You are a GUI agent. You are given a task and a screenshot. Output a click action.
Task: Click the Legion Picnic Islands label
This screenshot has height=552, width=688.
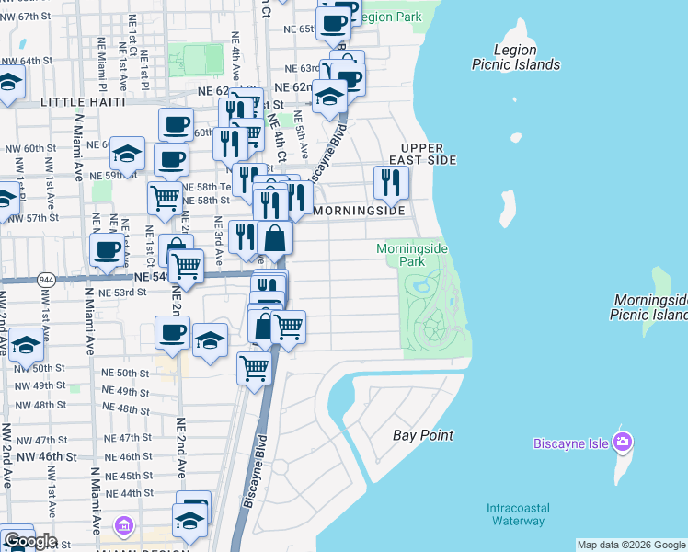click(x=515, y=57)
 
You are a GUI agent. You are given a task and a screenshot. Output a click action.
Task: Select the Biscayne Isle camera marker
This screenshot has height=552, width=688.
click(x=624, y=442)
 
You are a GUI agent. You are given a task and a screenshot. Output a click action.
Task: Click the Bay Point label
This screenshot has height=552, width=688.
click(x=423, y=435)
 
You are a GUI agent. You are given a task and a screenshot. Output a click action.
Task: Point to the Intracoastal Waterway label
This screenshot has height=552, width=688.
click(x=515, y=514)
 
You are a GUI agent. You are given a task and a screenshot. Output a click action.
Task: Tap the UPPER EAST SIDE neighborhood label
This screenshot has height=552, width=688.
click(x=429, y=154)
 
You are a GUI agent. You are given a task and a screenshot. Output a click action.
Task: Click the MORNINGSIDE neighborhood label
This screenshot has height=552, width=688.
click(x=360, y=211)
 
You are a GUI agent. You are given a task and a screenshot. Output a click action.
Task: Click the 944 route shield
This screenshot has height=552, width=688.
click(x=45, y=278)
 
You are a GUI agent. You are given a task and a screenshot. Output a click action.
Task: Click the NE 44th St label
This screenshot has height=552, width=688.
click(x=130, y=493)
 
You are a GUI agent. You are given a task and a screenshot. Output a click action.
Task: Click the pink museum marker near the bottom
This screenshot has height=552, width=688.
click(x=124, y=526)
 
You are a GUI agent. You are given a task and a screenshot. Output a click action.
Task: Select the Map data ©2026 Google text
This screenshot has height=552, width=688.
click(x=631, y=545)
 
